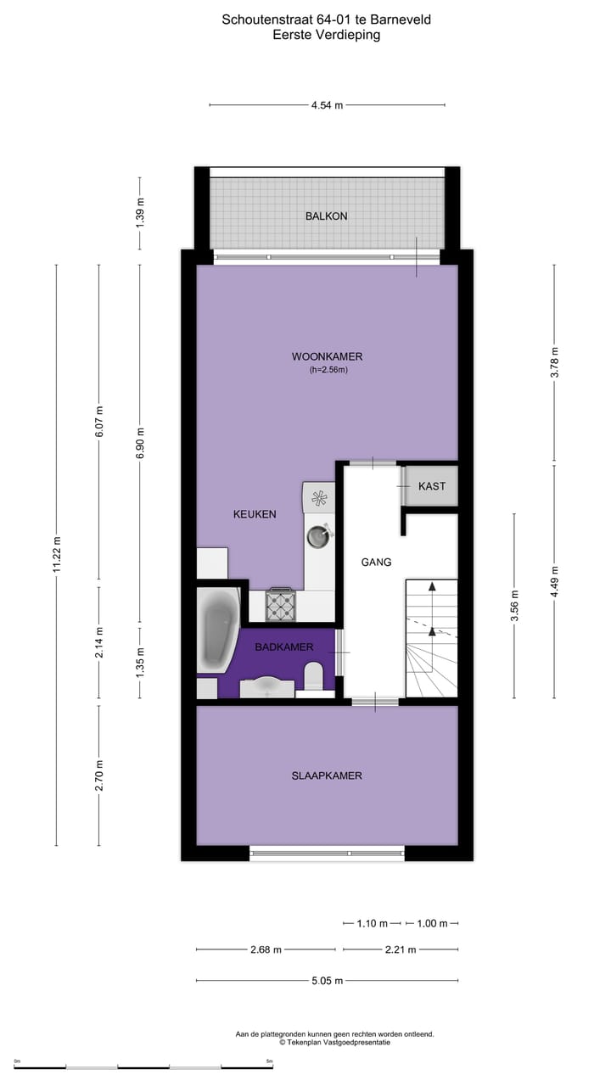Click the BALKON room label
click(x=327, y=216)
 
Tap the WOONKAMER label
click(x=327, y=356)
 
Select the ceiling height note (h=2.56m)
click(x=327, y=370)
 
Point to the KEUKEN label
click(x=255, y=514)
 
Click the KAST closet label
click(x=431, y=486)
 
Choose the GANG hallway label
click(x=376, y=562)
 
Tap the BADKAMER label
click(x=284, y=647)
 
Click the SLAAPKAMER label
click(x=327, y=775)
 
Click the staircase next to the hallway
click(x=431, y=638)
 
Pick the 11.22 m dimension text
click(x=57, y=555)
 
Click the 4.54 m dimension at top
click(x=327, y=105)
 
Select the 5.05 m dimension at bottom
click(x=327, y=981)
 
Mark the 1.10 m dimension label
click(x=372, y=923)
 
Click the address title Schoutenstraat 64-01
click(x=327, y=19)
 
